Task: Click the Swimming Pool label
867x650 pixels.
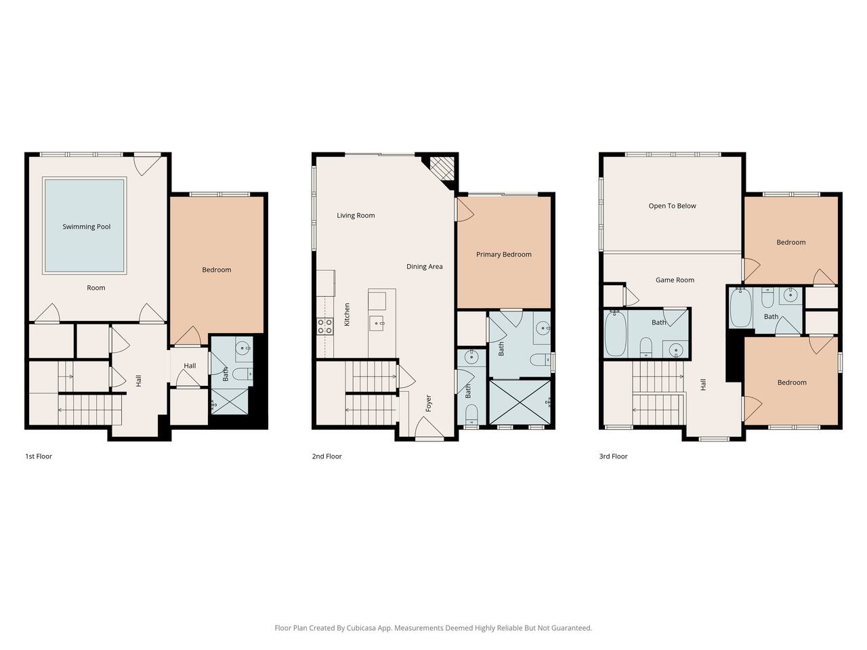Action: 87,227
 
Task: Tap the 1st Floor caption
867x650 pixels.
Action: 39,456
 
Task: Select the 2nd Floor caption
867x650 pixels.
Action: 326,456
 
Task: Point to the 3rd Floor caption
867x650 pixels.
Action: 613,456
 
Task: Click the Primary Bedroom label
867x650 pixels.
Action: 504,255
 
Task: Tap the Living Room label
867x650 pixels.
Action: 356,215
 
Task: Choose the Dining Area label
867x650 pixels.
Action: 424,267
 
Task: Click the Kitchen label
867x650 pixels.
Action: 347,315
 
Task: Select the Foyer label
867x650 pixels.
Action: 429,404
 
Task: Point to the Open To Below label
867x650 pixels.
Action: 672,206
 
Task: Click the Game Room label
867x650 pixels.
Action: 675,280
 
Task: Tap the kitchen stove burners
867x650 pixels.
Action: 324,326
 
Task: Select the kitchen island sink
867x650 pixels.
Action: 377,323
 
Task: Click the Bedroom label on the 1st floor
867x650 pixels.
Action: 217,270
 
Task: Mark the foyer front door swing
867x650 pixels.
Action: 429,428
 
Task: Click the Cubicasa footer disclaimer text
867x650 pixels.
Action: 433,628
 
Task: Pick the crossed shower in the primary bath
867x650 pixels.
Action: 520,402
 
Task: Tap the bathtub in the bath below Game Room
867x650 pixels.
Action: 616,333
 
